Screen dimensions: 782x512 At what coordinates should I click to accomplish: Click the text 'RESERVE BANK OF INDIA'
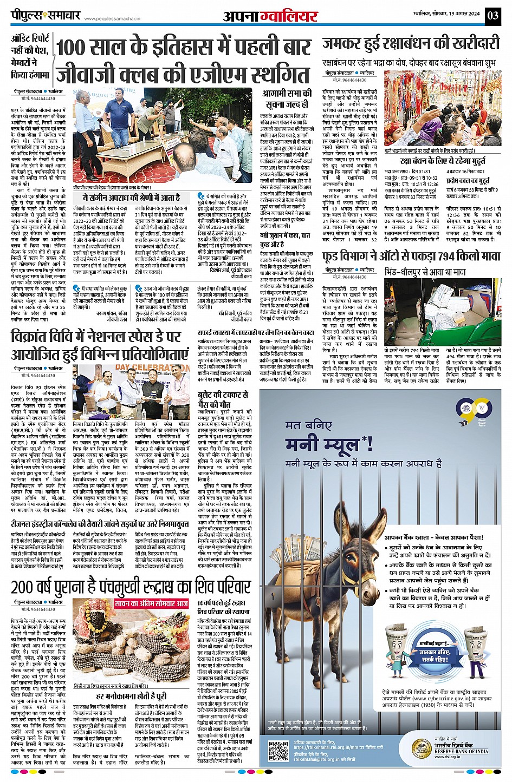click(x=461, y=751)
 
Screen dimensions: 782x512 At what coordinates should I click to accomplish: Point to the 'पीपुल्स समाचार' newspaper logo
click(x=46, y=15)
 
